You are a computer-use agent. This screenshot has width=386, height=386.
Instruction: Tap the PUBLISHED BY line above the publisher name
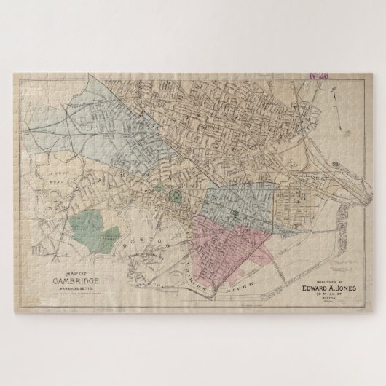[315, 279]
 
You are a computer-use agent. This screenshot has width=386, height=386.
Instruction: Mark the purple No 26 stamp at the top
[318, 74]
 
